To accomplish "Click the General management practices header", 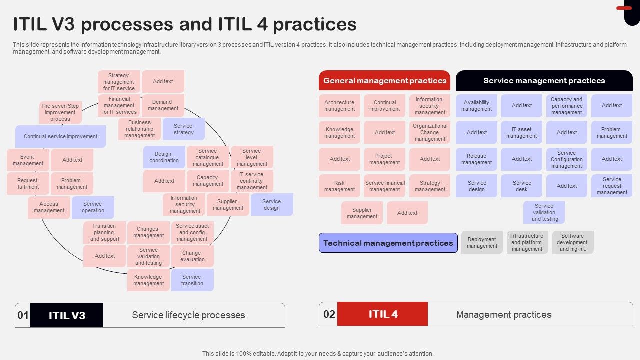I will click(384, 80).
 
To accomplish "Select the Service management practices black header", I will click(544, 80).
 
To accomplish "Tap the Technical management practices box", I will click(388, 243).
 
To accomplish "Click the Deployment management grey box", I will click(482, 242).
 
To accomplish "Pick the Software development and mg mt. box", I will click(572, 242).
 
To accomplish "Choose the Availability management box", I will click(476, 106).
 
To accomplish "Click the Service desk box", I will click(521, 186).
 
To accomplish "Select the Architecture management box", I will click(339, 106).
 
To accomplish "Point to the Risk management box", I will click(339, 186).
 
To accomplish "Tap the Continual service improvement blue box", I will click(60, 136).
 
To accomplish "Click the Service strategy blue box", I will click(183, 129).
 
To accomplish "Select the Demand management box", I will click(163, 105).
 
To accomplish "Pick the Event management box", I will click(28, 160).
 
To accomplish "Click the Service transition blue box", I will click(192, 280).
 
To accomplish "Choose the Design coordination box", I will click(164, 157).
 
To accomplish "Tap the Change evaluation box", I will click(192, 256).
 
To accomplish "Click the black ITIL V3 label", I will click(67, 315).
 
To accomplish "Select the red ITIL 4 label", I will click(383, 314).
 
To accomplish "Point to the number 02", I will click(329, 314).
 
